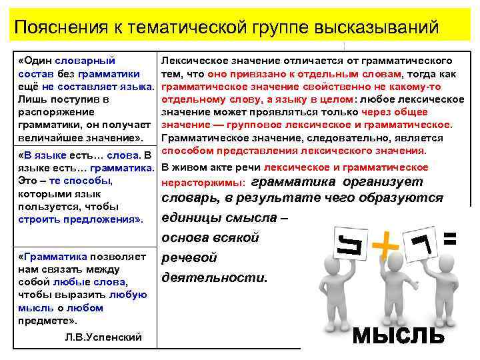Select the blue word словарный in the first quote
click(x=86, y=61)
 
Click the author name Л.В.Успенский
click(x=103, y=337)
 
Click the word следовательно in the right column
click(x=316, y=138)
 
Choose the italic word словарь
click(x=189, y=198)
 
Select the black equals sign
click(x=451, y=238)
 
